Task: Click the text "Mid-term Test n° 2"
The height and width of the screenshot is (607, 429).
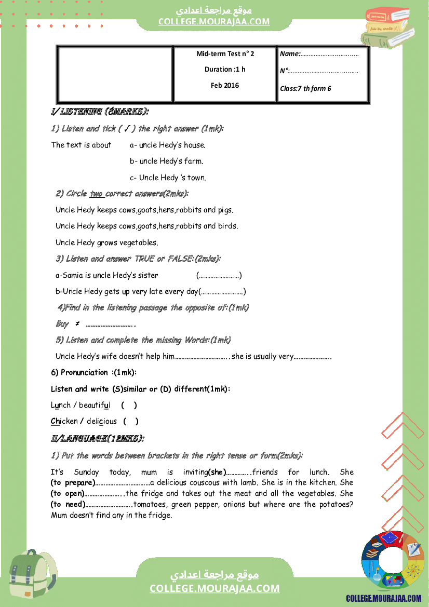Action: [225, 53]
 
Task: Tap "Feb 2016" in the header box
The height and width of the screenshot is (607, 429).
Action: [225, 85]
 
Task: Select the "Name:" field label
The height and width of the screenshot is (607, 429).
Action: [290, 53]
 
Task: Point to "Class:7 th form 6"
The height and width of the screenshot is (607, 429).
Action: [305, 88]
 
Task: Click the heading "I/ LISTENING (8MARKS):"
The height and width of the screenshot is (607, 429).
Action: [100, 112]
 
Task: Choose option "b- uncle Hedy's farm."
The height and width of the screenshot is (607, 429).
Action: [166, 161]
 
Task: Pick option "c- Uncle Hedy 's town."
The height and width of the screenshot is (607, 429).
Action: [168, 178]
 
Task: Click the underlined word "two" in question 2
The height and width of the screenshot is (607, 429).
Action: [97, 194]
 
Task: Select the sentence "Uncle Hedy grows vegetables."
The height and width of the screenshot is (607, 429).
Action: [106, 242]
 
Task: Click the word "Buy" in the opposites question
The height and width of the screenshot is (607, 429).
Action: [62, 323]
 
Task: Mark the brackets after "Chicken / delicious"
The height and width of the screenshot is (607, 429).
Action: [131, 421]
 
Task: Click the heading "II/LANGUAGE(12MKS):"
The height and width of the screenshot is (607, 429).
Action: [97, 439]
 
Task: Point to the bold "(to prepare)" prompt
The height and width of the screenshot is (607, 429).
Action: [73, 482]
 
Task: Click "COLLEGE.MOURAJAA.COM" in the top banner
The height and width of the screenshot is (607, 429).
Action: [214, 21]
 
